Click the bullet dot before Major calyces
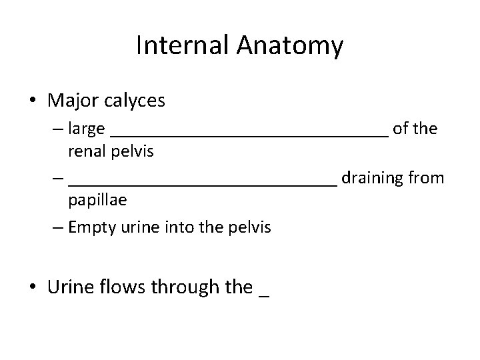(x=33, y=101)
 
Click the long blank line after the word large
(x=249, y=133)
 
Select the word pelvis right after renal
(x=131, y=151)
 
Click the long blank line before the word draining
(x=203, y=182)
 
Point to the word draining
(x=369, y=177)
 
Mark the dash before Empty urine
(x=58, y=227)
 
